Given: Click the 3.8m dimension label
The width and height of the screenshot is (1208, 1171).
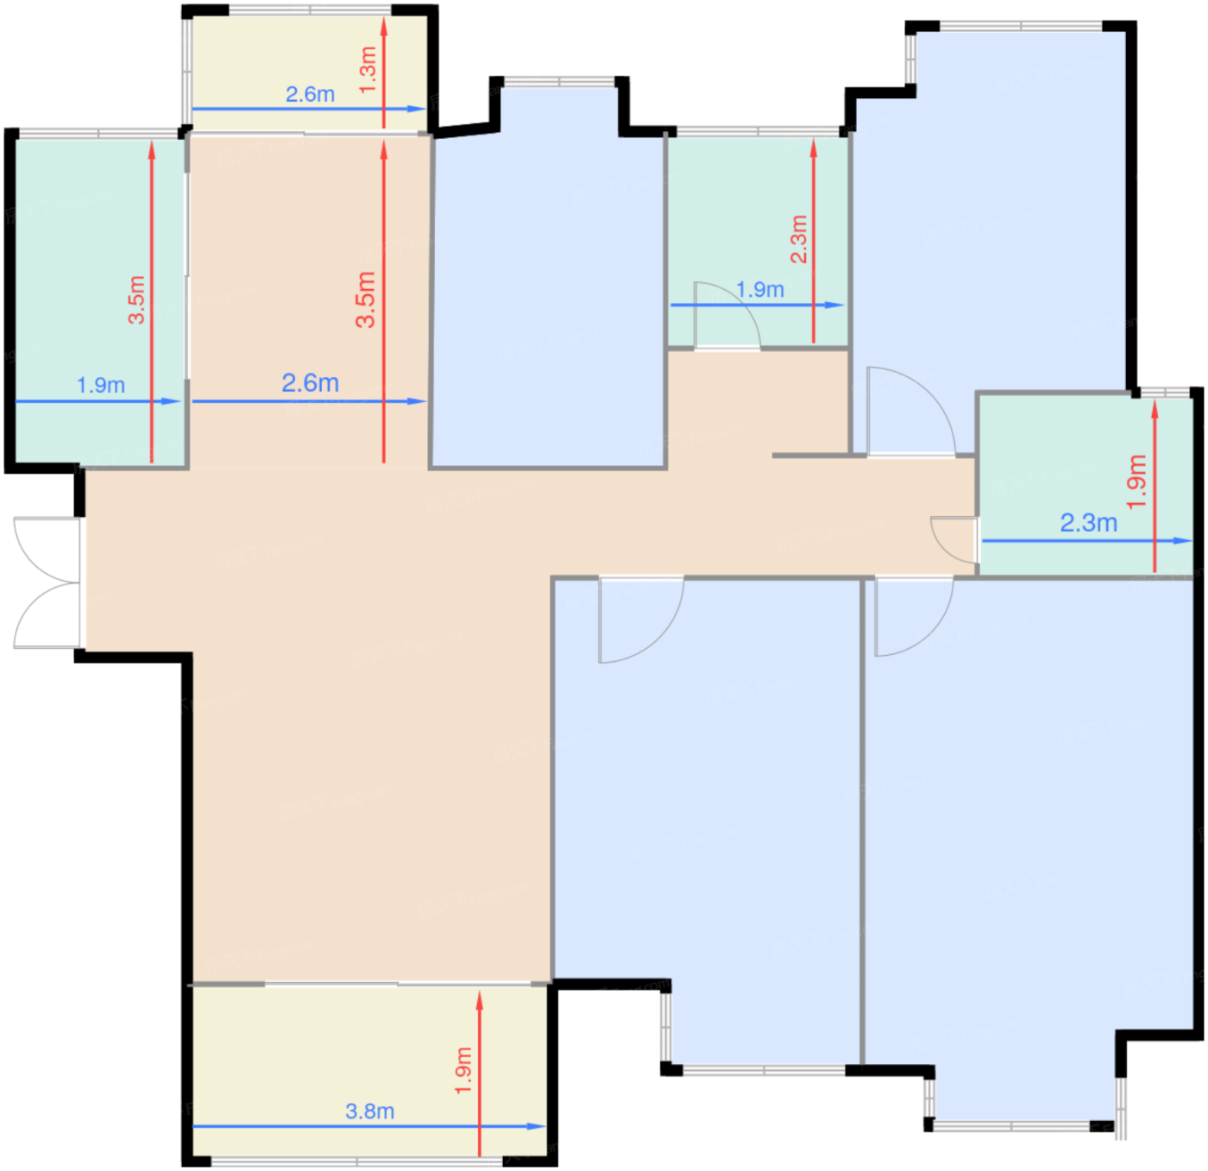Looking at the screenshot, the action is click(369, 1111).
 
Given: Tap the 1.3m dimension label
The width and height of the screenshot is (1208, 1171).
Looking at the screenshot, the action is click(368, 70).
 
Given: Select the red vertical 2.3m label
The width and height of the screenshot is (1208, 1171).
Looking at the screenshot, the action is click(799, 239).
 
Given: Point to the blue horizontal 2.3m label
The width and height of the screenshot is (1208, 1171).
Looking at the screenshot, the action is click(1088, 523).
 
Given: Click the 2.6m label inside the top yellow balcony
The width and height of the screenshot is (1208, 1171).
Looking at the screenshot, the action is click(310, 94).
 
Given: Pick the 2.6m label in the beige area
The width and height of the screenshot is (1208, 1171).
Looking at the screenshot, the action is click(310, 382).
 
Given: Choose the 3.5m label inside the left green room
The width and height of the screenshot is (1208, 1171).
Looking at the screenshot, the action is click(136, 300).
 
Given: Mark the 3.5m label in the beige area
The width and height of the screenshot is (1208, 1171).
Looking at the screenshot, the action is click(366, 299).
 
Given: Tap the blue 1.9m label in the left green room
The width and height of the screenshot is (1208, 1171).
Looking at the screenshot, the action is click(101, 385).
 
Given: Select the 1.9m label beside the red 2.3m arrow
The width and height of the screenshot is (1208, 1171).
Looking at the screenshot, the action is click(760, 289).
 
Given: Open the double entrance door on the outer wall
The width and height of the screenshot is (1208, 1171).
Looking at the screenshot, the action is click(47, 582).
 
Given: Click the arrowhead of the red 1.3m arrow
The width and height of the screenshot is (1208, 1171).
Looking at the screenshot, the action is click(384, 25).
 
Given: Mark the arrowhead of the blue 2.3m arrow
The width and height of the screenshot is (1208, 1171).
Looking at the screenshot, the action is click(1183, 541).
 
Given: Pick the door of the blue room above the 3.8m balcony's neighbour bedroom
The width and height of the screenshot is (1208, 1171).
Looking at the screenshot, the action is click(641, 620).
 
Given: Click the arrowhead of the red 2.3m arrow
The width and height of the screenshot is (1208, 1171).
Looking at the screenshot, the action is click(813, 148).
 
